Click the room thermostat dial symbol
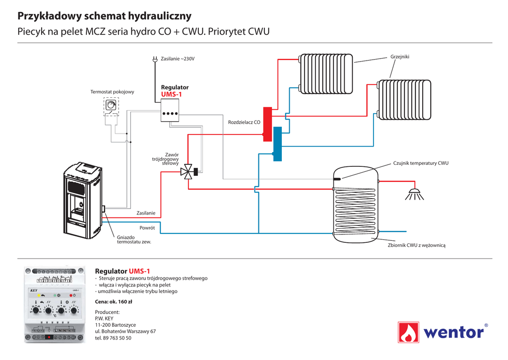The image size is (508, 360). coord(112,105)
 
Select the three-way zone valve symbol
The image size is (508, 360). coord(188,172)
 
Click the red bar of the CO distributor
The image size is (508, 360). coord(267,124)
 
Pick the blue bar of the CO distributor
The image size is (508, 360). coord(277,144)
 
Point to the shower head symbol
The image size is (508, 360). coord(414,194)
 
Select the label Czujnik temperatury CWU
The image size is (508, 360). coord(421,163)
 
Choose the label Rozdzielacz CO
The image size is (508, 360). coord(244,122)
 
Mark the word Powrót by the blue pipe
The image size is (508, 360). coord(147,227)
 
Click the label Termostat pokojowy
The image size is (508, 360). coord(112,92)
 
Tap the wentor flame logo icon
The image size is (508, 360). coord(409,332)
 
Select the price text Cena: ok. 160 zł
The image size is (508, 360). coord(113,301)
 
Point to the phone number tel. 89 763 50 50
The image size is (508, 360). coord(113,338)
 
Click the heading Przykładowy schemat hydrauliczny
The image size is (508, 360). coord(104,16)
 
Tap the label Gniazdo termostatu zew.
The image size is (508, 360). coord(133,239)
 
